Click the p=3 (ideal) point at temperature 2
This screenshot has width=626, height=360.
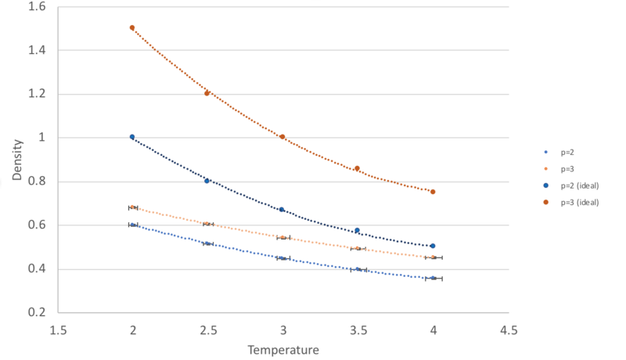132,27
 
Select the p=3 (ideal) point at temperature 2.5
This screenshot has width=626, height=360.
207,93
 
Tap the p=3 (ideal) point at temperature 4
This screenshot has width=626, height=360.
433,192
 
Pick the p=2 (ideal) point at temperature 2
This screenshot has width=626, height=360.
132,137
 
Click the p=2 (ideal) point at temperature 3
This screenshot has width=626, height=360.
282,210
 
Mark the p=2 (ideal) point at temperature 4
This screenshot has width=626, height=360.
433,246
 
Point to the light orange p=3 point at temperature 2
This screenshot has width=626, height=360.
132,207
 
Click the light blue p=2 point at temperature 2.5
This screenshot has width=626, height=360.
207,244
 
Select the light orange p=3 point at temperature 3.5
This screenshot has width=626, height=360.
358,248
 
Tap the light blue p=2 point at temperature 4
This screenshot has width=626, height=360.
433,278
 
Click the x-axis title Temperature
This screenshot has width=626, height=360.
282,350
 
